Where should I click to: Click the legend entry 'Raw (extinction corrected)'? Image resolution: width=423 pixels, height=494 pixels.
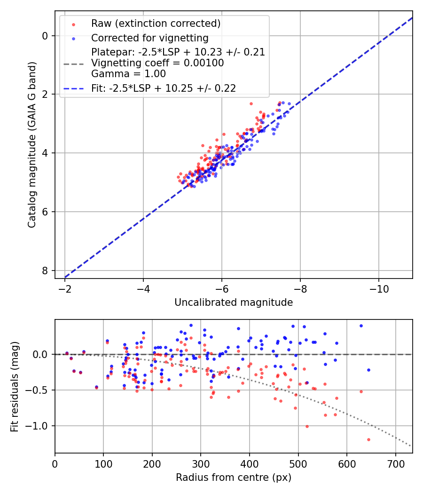pos(156,24)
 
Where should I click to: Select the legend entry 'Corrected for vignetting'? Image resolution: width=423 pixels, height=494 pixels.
pos(149,38)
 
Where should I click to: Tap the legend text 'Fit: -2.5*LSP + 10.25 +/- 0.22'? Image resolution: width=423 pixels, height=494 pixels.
pos(163,88)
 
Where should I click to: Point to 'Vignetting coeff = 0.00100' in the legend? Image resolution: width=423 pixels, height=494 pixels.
pos(157,63)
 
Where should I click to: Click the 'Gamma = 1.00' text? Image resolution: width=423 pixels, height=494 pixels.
pos(128,73)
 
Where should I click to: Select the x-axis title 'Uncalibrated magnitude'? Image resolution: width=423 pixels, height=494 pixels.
pos(234,303)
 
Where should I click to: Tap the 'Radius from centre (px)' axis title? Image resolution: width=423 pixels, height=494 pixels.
pos(234,478)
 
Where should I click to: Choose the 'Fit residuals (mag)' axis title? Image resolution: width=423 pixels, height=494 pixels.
pos(15,386)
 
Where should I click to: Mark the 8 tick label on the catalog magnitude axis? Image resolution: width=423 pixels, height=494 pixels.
pos(45,271)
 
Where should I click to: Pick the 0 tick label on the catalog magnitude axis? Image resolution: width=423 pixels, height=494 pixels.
pos(45,36)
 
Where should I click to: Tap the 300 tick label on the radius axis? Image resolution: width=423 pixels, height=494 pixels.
pos(201,465)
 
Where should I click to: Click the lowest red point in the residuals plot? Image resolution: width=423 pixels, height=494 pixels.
pos(368,439)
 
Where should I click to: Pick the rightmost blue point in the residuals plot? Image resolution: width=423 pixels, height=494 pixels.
pos(368,370)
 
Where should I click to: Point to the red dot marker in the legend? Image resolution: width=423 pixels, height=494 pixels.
pos(73,24)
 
